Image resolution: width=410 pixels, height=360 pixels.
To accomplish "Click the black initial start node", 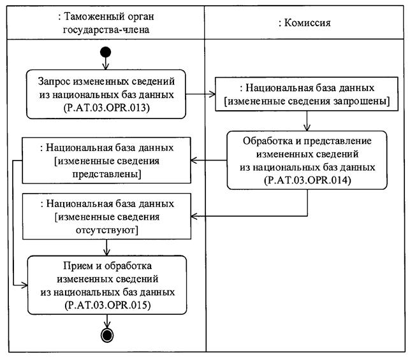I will (106, 52).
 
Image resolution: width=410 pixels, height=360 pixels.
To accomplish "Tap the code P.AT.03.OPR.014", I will (309, 180).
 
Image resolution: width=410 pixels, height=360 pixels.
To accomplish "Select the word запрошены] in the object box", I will (354, 100).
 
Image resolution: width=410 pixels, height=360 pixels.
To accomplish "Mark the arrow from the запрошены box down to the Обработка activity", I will (308, 120).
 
